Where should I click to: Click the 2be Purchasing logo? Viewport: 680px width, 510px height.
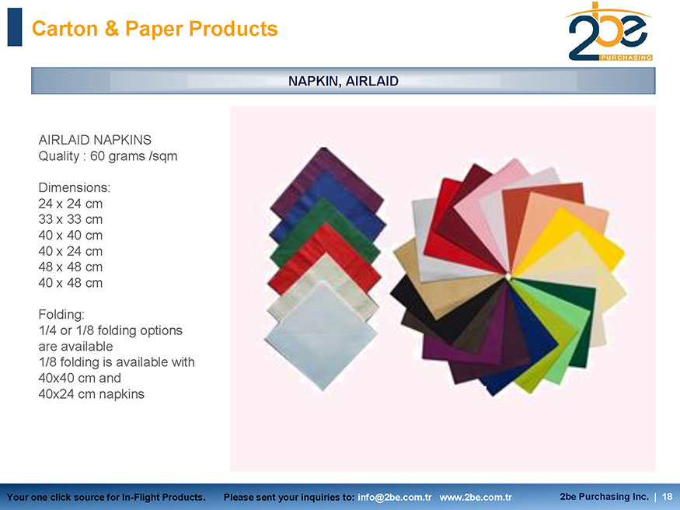coord(609,32)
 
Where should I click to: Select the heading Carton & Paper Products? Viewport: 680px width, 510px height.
coord(155,29)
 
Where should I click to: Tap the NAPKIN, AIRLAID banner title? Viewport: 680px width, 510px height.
coord(343,81)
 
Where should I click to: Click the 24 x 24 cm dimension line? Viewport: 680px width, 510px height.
coord(70,204)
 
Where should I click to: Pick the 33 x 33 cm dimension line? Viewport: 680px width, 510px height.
coord(70,219)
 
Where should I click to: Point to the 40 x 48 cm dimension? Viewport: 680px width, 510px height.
coord(70,283)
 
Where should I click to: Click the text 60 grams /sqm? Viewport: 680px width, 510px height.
coord(134,156)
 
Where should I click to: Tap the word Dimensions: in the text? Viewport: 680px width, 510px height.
coord(74,188)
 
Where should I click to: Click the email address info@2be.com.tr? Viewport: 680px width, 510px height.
coord(394,497)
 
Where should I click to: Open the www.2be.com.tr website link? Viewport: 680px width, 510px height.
coord(476,497)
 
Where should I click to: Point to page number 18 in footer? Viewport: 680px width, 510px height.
coord(668,497)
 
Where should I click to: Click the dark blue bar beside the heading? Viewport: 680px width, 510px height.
coord(15,27)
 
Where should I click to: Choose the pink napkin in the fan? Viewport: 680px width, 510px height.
coord(490,204)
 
